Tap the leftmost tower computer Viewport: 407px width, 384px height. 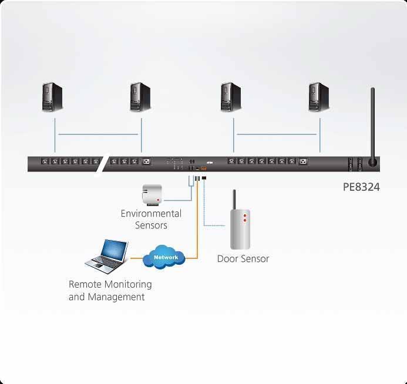click(52, 97)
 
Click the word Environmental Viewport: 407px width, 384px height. click(151, 214)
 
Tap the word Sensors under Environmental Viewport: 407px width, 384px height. click(151, 225)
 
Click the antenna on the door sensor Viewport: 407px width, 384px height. click(234, 200)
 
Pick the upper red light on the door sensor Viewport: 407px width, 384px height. click(245, 217)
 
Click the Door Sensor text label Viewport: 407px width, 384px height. click(243, 258)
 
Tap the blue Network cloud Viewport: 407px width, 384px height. click(165, 257)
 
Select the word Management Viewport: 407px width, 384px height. click(116, 297)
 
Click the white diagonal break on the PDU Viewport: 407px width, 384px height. click(99, 164)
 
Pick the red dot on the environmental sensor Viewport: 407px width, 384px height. click(157, 200)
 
